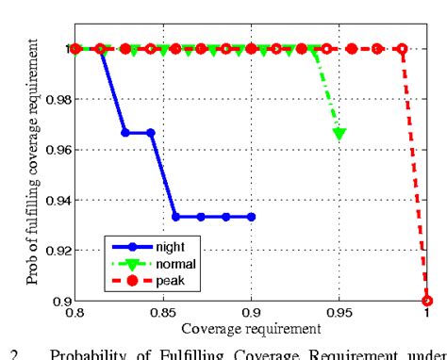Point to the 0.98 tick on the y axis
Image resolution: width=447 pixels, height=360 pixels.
[54, 98]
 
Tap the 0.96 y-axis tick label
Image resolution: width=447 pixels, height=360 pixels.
[54, 149]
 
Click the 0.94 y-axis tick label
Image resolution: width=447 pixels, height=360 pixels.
[54, 199]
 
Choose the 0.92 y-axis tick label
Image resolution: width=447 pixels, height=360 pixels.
[54, 250]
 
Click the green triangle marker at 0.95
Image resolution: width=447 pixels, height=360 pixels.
[339, 134]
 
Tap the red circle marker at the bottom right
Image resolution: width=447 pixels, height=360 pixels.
[427, 300]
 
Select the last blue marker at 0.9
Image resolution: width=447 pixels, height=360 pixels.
[251, 217]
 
